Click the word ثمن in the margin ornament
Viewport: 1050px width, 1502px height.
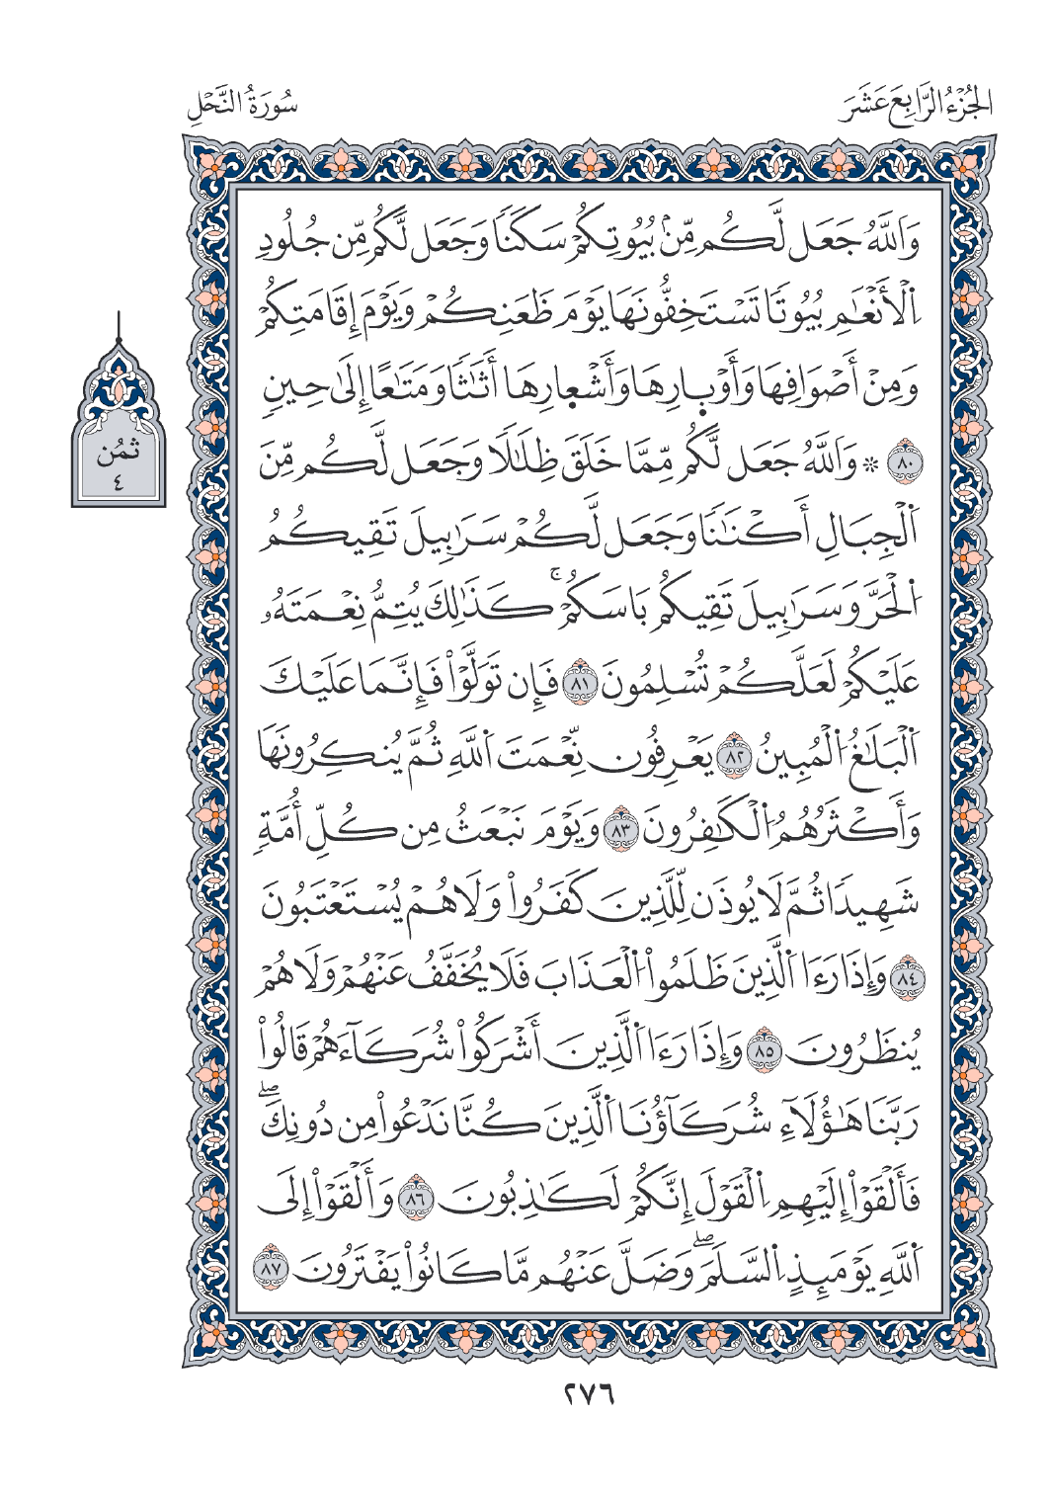118,456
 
